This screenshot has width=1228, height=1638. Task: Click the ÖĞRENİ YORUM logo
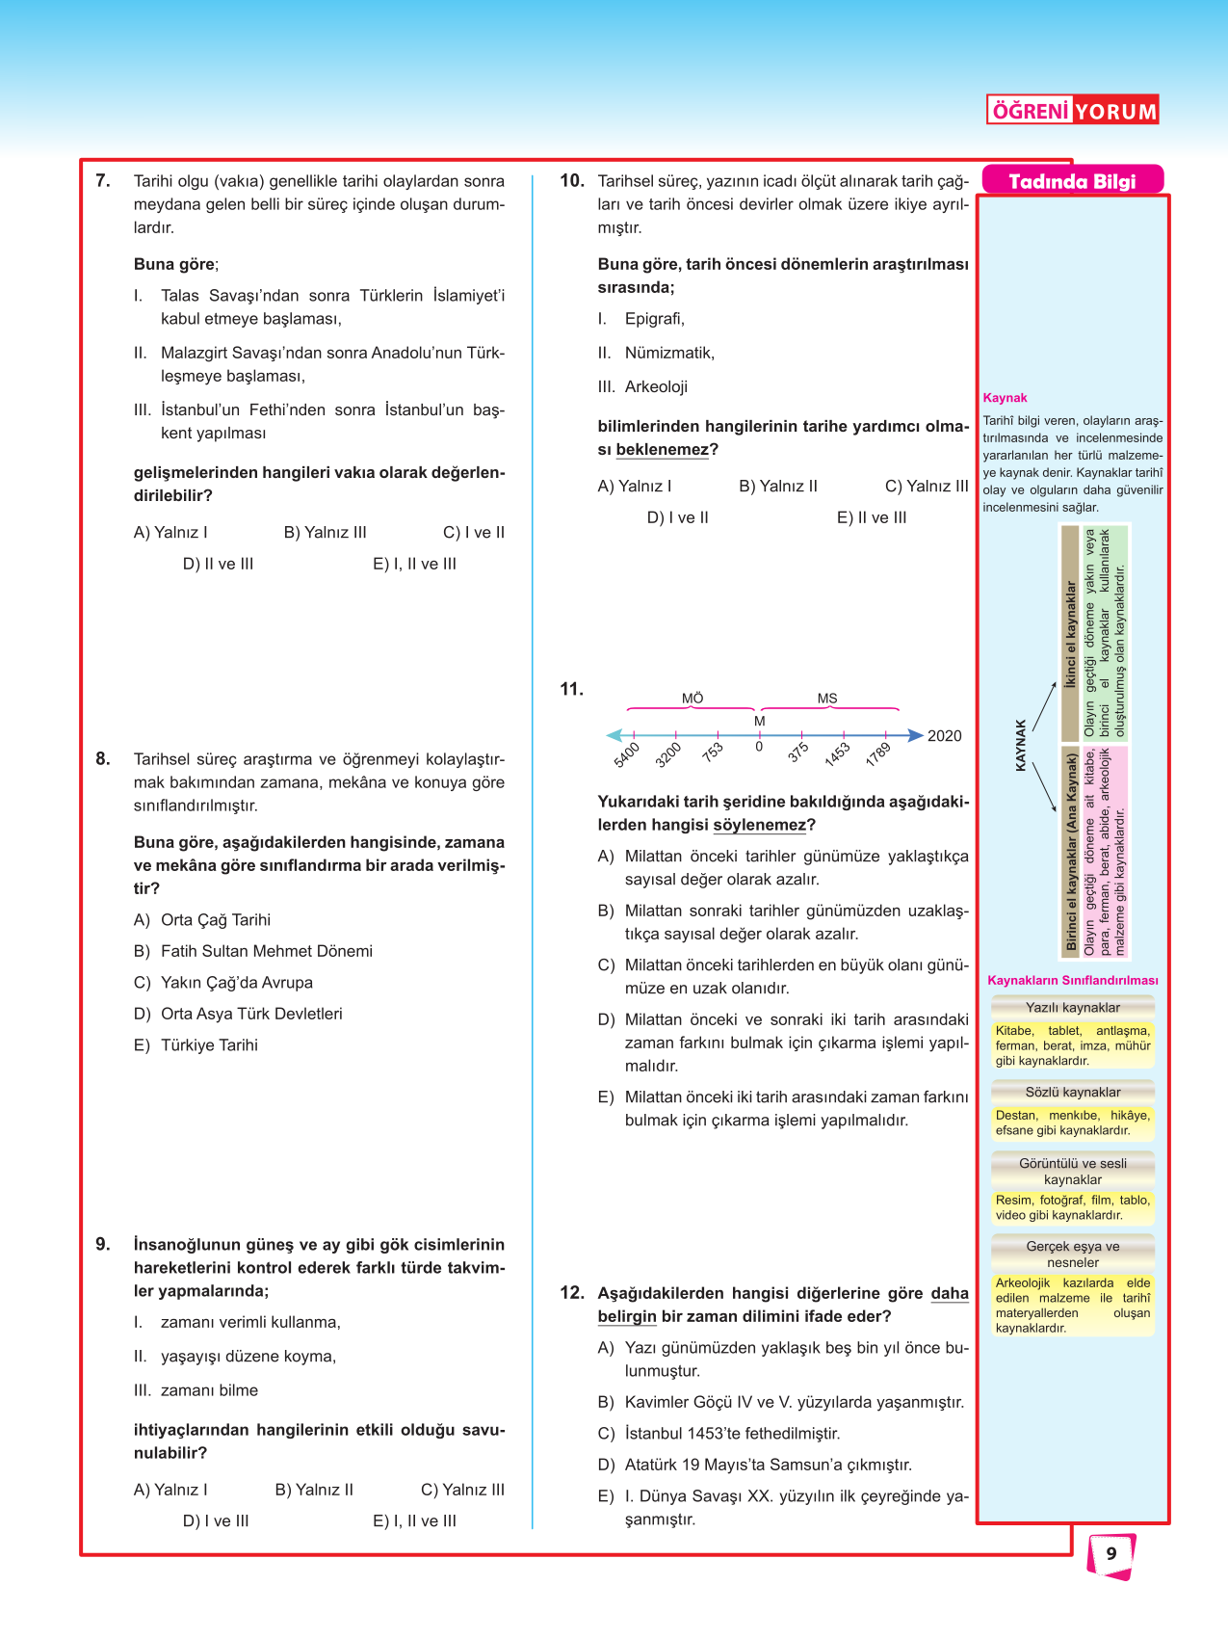pyautogui.click(x=1072, y=111)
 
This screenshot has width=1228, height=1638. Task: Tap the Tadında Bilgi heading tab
pyautogui.click(x=1072, y=181)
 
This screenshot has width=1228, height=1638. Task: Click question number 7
pyautogui.click(x=103, y=180)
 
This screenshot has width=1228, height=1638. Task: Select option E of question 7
pyautogui.click(x=414, y=564)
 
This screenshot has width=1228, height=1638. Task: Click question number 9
pyautogui.click(x=103, y=1244)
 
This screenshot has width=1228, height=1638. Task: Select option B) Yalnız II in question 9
pyautogui.click(x=314, y=1490)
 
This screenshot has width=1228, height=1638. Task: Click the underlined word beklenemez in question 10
pyautogui.click(x=662, y=450)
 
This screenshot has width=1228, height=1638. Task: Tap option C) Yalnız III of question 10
pyautogui.click(x=926, y=487)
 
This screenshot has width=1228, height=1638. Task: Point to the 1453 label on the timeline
pyautogui.click(x=836, y=753)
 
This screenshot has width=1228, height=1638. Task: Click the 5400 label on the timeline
pyautogui.click(x=626, y=754)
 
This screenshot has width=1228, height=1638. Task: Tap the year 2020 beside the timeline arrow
pyautogui.click(x=944, y=736)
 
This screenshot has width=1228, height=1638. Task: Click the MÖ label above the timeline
pyautogui.click(x=692, y=699)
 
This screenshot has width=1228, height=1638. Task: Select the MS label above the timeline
pyautogui.click(x=827, y=699)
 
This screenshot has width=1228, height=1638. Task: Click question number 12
pyautogui.click(x=572, y=1293)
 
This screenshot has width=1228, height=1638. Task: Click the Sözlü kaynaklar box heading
pyautogui.click(x=1073, y=1093)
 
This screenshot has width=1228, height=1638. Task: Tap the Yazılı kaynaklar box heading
pyautogui.click(x=1073, y=1008)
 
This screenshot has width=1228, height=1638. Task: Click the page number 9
pyautogui.click(x=1111, y=1553)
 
